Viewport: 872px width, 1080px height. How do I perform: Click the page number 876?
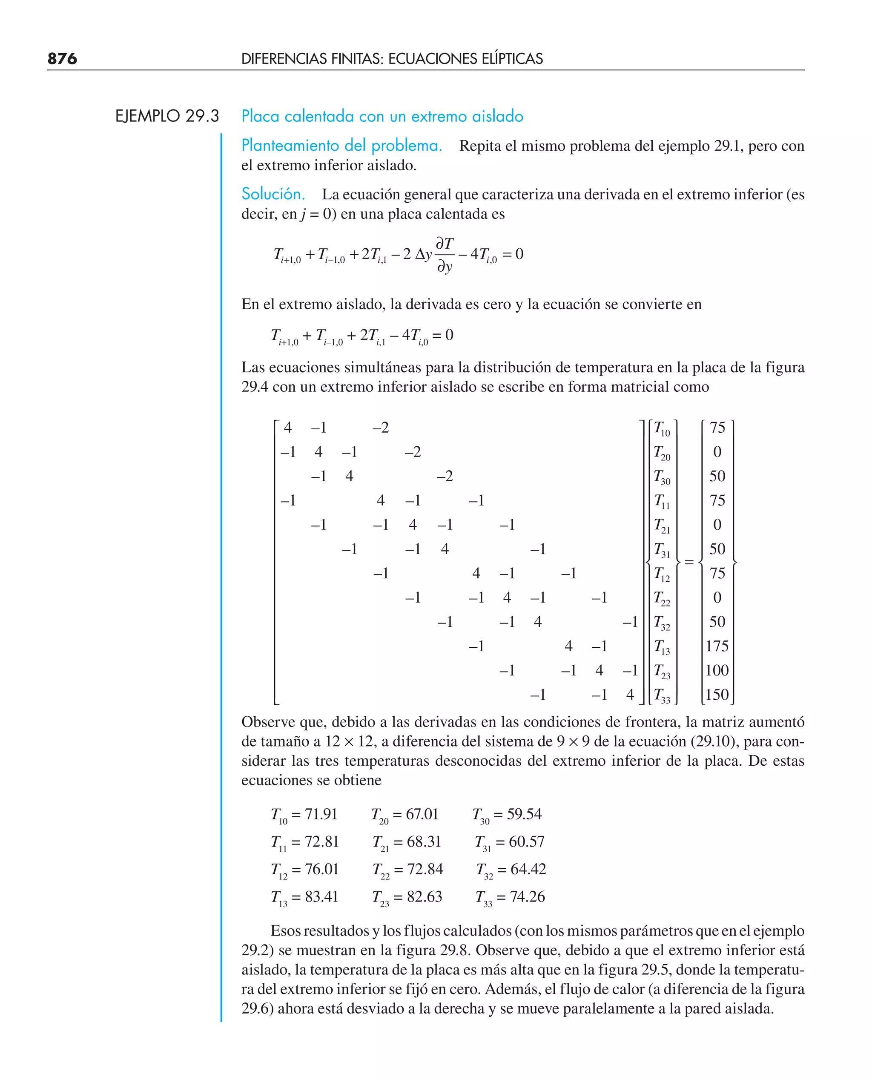pyautogui.click(x=62, y=59)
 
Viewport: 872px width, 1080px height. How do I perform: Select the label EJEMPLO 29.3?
pyautogui.click(x=167, y=116)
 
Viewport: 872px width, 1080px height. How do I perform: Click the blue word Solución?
pyautogui.click(x=273, y=194)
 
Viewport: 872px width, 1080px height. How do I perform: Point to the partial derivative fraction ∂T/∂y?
pyautogui.click(x=445, y=255)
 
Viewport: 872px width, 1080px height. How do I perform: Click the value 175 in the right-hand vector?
pyautogui.click(x=717, y=646)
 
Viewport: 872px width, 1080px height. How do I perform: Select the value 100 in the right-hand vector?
pyautogui.click(x=717, y=670)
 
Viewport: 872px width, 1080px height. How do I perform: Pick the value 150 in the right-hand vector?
pyautogui.click(x=717, y=695)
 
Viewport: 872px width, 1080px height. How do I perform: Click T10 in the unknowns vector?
pyautogui.click(x=662, y=428)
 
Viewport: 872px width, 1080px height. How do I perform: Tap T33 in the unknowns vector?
pyautogui.click(x=662, y=696)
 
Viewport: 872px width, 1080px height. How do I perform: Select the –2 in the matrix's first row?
pyautogui.click(x=381, y=428)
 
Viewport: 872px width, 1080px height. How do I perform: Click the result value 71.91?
pyautogui.click(x=321, y=814)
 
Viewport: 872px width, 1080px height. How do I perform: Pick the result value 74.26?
pyautogui.click(x=527, y=896)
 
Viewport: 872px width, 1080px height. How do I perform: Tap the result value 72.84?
pyautogui.click(x=425, y=869)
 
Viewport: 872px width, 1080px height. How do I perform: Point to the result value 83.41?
pyautogui.click(x=321, y=896)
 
